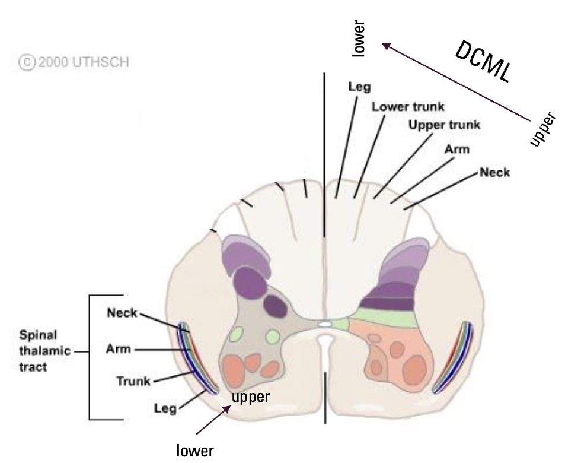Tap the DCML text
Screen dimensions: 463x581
click(x=483, y=63)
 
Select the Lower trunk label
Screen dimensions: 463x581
click(x=407, y=107)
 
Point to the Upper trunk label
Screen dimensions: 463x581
click(x=444, y=125)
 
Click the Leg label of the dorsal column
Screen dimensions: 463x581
click(x=359, y=87)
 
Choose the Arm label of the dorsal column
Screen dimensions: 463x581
click(x=456, y=149)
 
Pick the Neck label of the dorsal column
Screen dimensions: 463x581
click(x=494, y=173)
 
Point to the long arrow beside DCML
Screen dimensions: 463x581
click(x=456, y=83)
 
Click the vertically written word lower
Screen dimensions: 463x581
click(x=360, y=38)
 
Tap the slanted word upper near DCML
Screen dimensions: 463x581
click(x=542, y=128)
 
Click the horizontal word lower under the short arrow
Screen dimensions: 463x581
click(x=195, y=451)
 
